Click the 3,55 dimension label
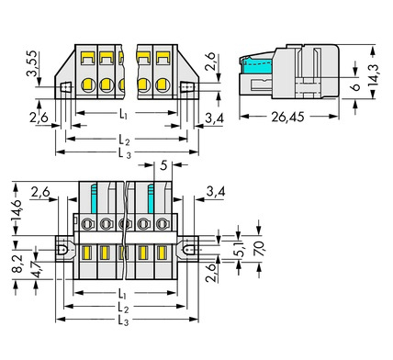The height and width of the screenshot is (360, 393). point(32,63)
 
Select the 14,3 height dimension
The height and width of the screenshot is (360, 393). point(373,75)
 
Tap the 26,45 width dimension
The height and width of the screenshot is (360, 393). point(287,117)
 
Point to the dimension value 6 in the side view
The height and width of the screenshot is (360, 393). point(355,86)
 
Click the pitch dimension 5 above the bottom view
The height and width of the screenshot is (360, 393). point(163,165)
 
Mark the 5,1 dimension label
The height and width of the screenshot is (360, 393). point(241,249)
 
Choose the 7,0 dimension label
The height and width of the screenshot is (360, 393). point(259,249)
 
